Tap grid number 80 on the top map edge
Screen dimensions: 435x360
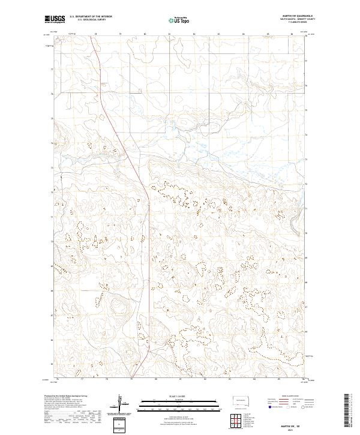tap(120, 34)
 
